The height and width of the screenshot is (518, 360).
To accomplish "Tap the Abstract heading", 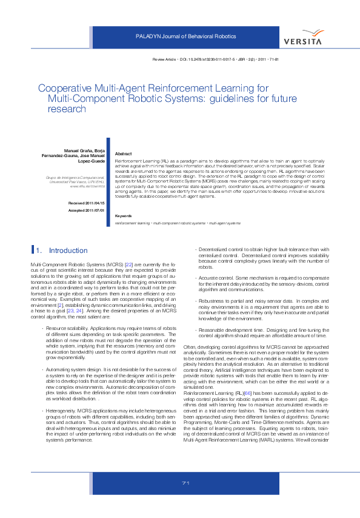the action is tap(124, 155).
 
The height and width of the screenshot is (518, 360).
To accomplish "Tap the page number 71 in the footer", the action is tap(186, 499).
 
